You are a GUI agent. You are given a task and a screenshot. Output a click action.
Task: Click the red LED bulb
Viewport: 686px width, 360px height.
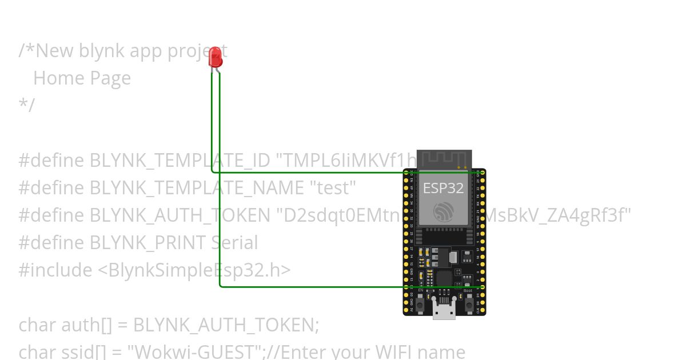click(x=216, y=56)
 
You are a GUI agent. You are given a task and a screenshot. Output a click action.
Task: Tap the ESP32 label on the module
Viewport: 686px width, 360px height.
click(x=443, y=188)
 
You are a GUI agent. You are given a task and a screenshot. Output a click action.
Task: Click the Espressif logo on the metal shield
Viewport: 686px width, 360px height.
click(x=444, y=213)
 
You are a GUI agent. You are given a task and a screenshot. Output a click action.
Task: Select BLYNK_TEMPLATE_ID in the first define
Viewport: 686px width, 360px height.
click(x=180, y=161)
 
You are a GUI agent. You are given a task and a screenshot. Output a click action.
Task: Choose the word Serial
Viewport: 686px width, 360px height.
click(x=234, y=243)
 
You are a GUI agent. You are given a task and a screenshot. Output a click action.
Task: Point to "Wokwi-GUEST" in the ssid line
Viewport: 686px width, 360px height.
click(x=196, y=351)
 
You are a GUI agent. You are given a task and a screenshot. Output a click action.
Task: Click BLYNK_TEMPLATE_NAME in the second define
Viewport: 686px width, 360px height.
click(x=197, y=187)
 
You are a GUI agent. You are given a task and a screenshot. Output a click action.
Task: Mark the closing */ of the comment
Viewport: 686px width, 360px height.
click(x=26, y=105)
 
